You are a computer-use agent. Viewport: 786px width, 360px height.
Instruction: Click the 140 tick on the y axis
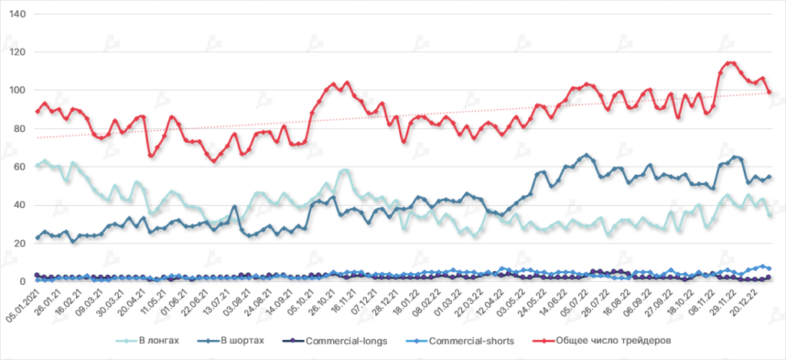click(x=16, y=15)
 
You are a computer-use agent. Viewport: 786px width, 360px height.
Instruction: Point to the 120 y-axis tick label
click(x=16, y=52)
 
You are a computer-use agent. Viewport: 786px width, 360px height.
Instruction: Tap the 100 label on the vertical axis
click(x=16, y=91)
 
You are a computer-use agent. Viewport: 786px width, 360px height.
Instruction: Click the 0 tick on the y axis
click(x=21, y=281)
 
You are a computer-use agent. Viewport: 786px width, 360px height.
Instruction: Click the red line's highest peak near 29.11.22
click(x=729, y=64)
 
